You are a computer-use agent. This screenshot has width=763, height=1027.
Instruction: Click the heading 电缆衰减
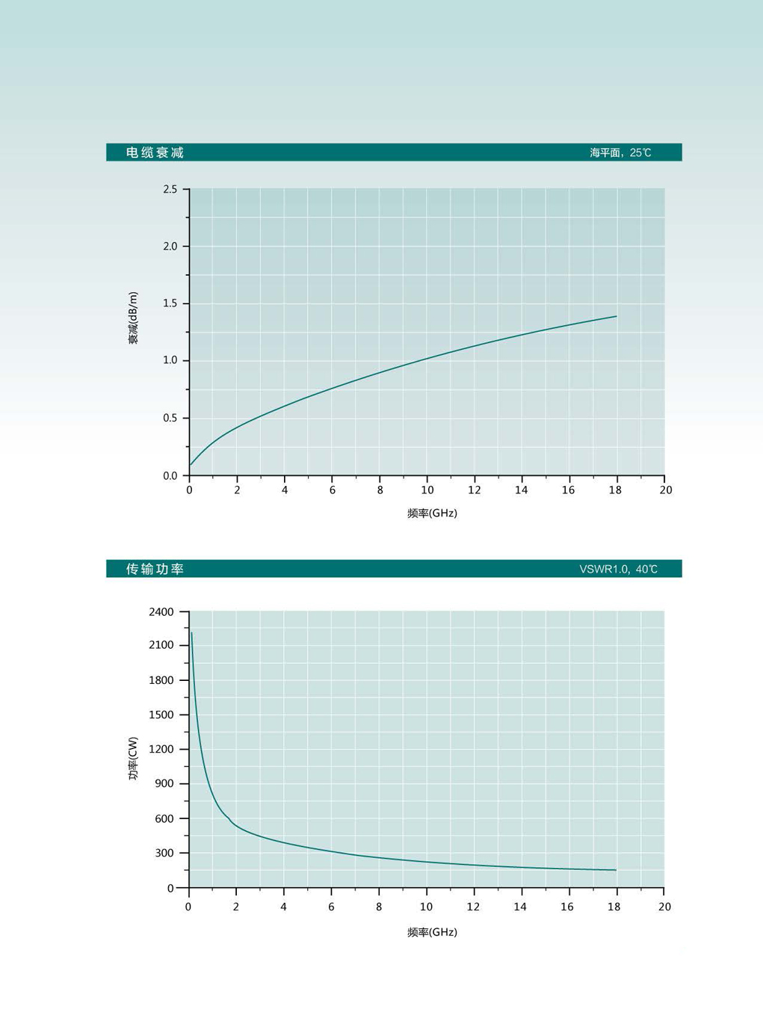point(155,152)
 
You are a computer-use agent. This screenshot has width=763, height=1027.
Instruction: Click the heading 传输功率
point(155,569)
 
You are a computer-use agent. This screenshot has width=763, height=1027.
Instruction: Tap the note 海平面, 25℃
point(620,152)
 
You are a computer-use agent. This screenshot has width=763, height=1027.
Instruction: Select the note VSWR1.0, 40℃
point(618,569)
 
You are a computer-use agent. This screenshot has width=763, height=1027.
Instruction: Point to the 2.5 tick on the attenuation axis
point(170,190)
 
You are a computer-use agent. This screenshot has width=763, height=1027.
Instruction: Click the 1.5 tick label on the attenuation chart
point(170,303)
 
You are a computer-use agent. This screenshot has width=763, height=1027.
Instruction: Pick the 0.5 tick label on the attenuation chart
point(170,418)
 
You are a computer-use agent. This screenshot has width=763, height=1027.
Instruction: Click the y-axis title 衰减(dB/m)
point(133,318)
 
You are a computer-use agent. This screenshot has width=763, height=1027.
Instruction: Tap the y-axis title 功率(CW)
point(133,759)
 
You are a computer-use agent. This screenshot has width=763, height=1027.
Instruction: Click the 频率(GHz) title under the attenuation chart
point(432,513)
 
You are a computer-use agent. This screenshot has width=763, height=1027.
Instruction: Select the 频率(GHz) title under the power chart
point(432,932)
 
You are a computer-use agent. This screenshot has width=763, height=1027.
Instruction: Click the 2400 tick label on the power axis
point(161,611)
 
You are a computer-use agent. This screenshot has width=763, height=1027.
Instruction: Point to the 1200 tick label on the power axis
point(161,749)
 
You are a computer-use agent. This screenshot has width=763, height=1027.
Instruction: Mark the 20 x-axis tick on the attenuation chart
point(665,490)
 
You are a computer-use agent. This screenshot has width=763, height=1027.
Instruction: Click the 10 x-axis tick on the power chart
point(426,907)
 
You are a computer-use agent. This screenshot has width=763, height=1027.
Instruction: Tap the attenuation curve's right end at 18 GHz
point(617,316)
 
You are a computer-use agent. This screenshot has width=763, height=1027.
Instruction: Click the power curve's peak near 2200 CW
point(192,634)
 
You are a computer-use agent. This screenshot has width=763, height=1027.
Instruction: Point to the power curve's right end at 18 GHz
point(616,870)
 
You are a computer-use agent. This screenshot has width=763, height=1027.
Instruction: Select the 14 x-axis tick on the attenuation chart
point(521,490)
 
